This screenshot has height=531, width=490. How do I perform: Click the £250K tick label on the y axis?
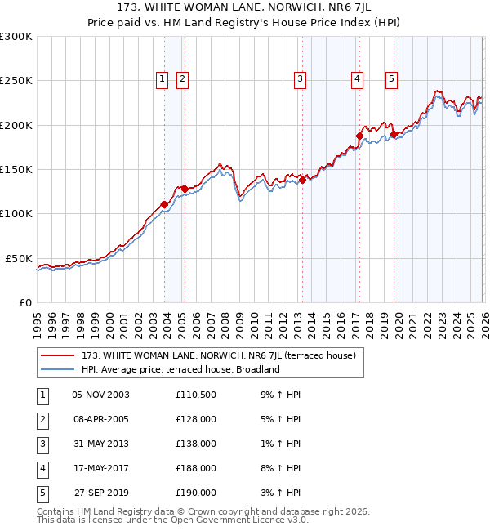16,81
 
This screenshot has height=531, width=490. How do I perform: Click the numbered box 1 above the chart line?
163,79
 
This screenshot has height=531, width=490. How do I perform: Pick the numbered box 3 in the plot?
301,79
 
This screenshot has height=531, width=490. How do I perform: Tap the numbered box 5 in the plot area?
392,79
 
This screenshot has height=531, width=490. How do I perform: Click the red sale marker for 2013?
302,180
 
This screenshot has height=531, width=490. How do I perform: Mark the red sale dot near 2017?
359,136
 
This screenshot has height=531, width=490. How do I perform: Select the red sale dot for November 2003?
165,204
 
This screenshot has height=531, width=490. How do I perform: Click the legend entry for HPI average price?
180,369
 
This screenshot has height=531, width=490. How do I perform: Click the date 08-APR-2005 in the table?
100,419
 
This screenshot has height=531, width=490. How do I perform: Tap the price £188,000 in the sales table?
196,468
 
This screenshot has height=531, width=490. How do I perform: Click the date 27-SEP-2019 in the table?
100,493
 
